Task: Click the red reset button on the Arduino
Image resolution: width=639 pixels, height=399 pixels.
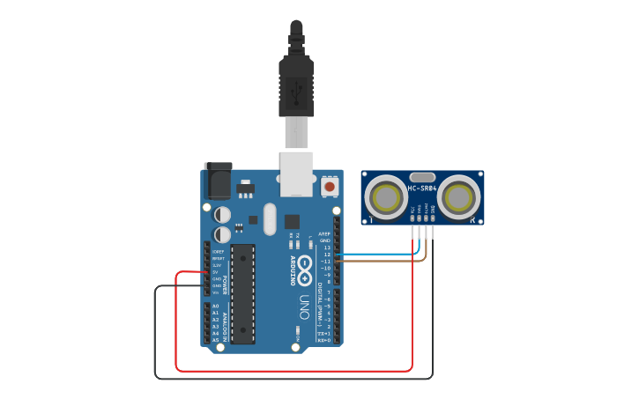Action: tap(330, 186)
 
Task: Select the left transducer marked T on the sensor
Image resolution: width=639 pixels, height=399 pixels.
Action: tap(384, 197)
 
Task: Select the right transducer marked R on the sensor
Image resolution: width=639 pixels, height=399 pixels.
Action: tap(459, 197)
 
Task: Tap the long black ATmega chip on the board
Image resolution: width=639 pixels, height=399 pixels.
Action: tap(243, 293)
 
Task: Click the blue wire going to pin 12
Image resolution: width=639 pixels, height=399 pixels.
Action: tap(379, 255)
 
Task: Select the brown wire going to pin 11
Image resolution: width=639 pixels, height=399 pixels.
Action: tap(379, 261)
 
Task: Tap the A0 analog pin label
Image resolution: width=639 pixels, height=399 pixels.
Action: tap(215, 306)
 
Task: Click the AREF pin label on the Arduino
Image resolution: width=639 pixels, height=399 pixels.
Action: tap(323, 233)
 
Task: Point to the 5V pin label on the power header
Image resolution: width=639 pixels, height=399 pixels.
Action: tap(215, 272)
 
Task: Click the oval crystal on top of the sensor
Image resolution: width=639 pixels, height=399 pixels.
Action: tap(421, 177)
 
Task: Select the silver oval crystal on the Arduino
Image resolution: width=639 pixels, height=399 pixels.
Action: tap(269, 218)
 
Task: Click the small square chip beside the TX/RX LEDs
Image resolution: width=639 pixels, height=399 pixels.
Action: tap(292, 222)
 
